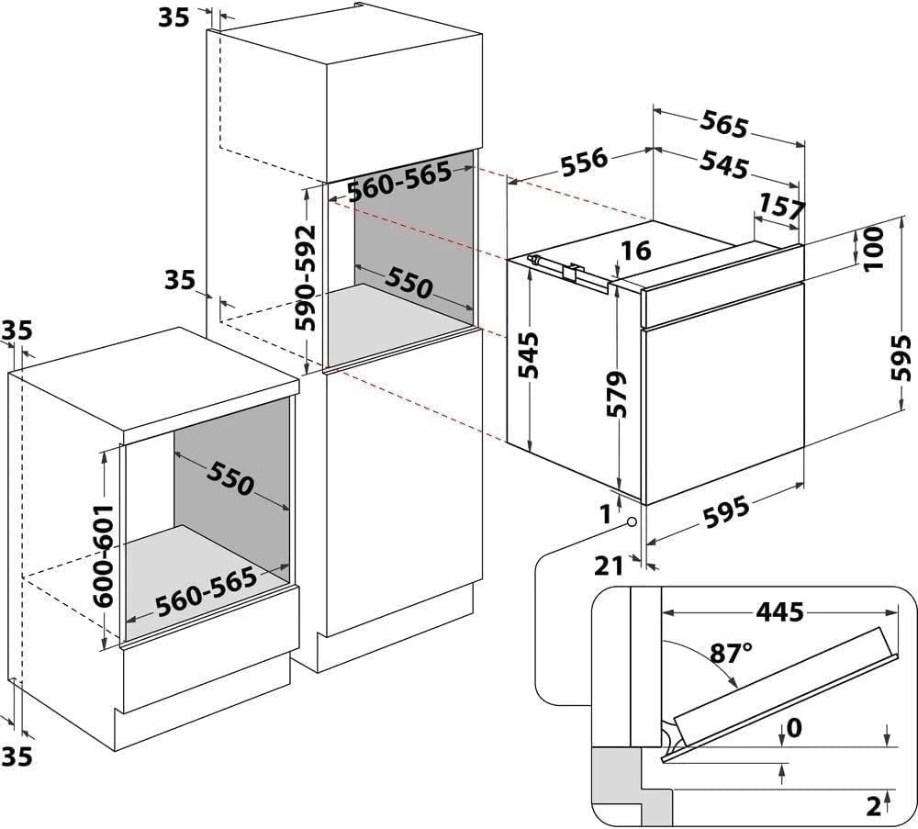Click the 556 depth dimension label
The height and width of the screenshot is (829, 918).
click(x=585, y=160)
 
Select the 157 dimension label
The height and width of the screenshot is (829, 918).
click(x=782, y=207)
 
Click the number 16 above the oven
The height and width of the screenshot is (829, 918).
click(x=634, y=250)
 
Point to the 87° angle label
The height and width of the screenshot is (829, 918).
click(x=732, y=653)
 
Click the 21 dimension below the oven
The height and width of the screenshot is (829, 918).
click(x=609, y=566)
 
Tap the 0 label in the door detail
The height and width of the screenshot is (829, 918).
click(x=795, y=729)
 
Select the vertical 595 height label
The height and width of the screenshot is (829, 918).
click(x=902, y=357)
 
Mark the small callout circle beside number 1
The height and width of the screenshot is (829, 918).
click(x=633, y=521)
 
